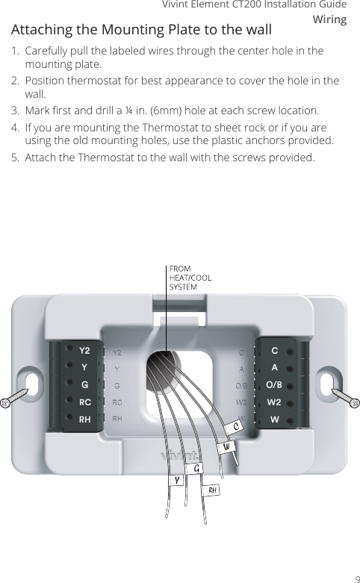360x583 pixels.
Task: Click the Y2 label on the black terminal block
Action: (x=84, y=350)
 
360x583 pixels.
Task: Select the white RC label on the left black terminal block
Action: (x=84, y=402)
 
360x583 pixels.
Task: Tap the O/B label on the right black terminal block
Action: (x=274, y=385)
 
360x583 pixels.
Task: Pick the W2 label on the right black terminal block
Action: (x=274, y=402)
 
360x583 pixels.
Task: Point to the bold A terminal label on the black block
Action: (x=274, y=367)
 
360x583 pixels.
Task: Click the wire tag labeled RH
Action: (x=213, y=490)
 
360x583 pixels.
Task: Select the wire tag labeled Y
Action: (x=177, y=481)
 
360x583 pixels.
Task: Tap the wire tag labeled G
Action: (x=196, y=469)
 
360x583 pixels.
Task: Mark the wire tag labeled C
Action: (x=236, y=426)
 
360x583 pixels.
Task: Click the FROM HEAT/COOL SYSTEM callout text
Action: (x=190, y=277)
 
